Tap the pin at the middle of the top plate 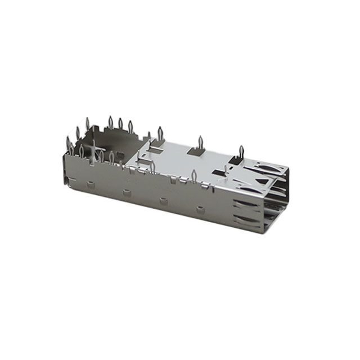[x=200, y=143]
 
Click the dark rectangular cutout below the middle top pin [x=197, y=152]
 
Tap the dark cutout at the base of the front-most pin [x=237, y=161]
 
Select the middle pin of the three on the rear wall [x=120, y=125]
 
